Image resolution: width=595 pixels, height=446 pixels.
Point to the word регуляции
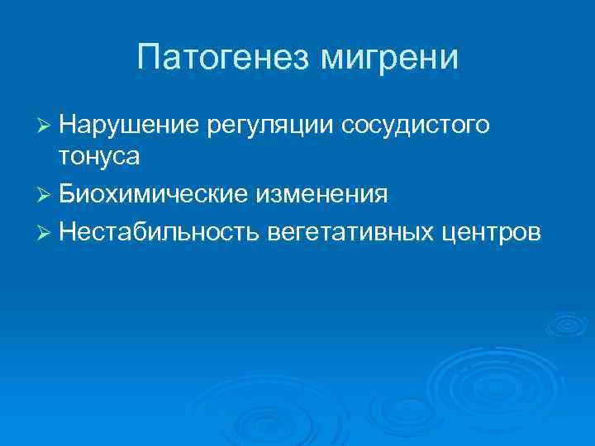[x=269, y=125]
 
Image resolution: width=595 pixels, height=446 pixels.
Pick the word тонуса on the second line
[x=99, y=155]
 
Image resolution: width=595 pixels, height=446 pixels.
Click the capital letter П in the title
[x=150, y=57]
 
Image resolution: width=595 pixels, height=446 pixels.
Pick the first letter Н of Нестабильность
[x=68, y=233]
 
